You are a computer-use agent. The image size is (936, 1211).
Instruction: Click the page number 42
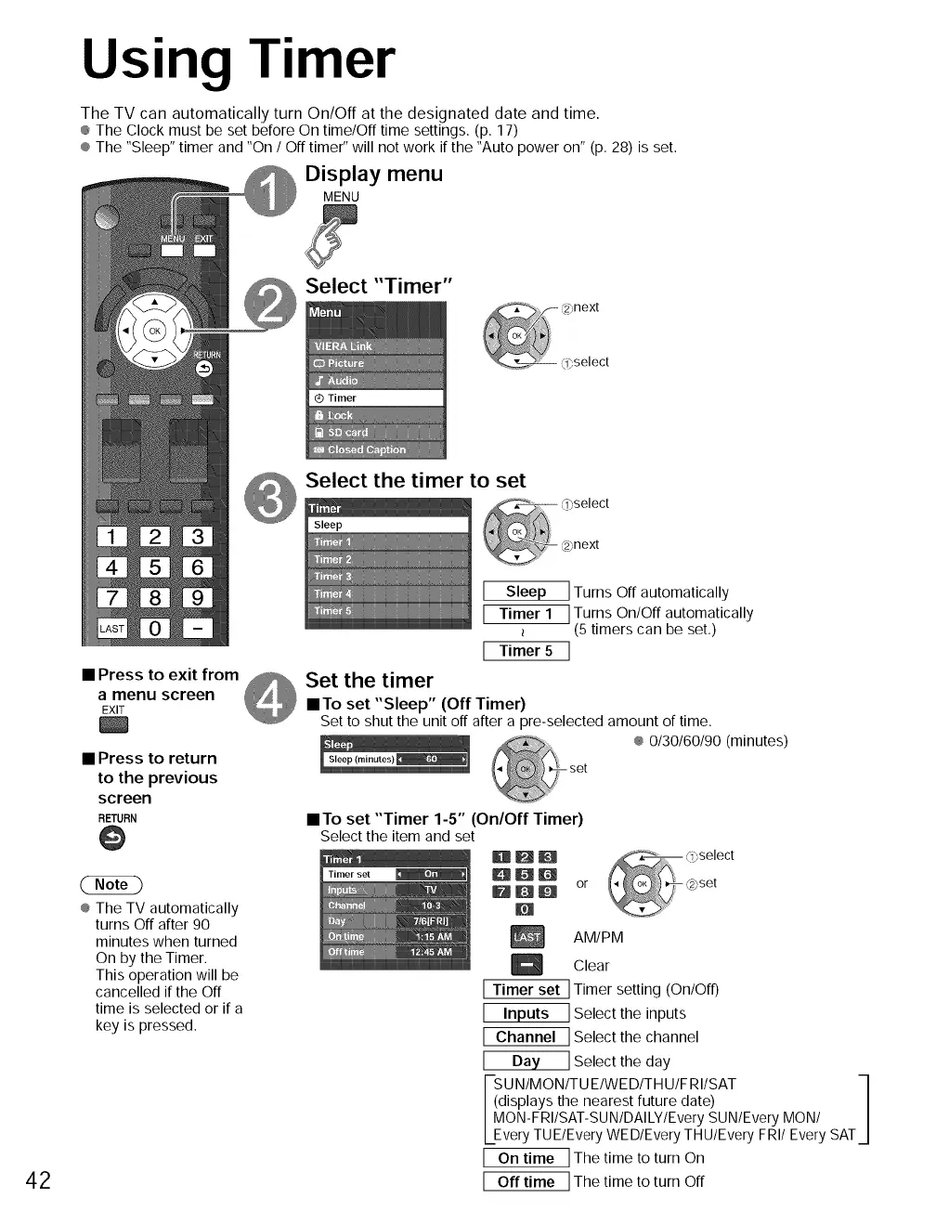(38, 1179)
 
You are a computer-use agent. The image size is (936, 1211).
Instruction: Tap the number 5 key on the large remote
(155, 567)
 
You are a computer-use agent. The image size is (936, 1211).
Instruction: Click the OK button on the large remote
(155, 331)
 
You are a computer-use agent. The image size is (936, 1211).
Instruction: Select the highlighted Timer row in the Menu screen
(376, 398)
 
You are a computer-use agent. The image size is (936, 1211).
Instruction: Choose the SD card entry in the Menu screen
(376, 433)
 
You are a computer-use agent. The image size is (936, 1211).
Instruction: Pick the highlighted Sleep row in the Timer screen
(388, 525)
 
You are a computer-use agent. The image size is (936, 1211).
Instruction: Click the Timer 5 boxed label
(526, 651)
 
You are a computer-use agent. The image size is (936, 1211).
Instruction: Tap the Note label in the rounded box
(111, 885)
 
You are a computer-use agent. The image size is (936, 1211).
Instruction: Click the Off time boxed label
(526, 1182)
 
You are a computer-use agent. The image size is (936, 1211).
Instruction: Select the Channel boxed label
(526, 1037)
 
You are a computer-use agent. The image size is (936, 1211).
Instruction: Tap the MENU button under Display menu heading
(340, 215)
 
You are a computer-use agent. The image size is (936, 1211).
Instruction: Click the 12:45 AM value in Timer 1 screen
(431, 952)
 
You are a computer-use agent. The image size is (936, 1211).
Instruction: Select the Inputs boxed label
(526, 1014)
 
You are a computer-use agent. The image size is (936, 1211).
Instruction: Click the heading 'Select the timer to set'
(415, 481)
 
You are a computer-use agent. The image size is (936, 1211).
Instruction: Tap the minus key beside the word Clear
(526, 966)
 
